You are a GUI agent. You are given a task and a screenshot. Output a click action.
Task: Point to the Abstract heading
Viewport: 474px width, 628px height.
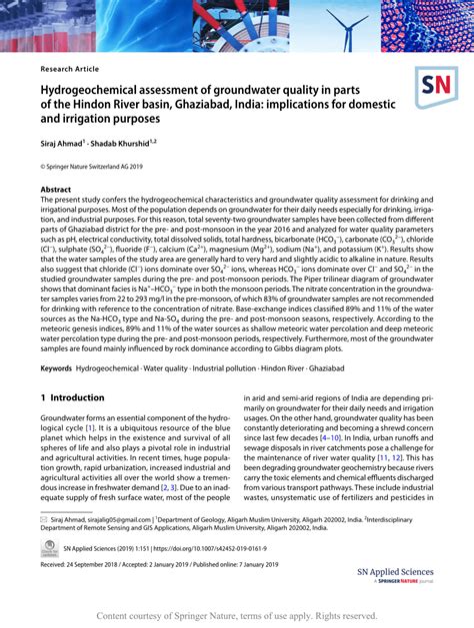tap(55, 189)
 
